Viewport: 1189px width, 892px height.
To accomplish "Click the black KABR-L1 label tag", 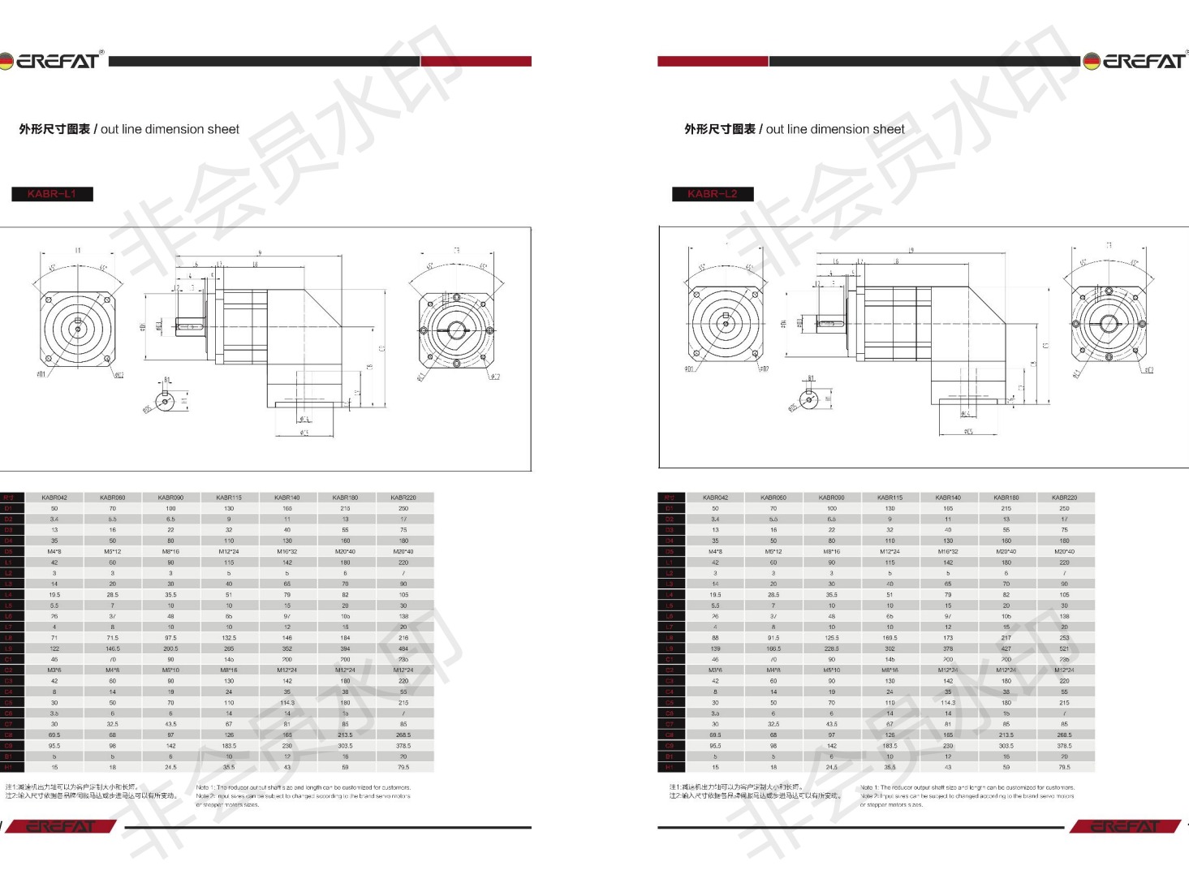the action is point(52,194).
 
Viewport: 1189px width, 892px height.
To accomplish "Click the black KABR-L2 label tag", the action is point(713,194).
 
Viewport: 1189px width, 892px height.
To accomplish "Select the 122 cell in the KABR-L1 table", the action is point(54,649).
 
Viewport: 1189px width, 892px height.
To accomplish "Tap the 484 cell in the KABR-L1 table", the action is point(403,649).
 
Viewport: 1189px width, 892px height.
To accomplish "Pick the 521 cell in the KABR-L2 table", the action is point(1064,649).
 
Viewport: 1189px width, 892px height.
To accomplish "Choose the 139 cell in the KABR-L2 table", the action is point(715,649).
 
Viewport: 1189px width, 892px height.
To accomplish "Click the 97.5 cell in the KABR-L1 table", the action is point(170,638).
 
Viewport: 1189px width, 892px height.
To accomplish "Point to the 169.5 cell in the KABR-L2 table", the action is point(890,638).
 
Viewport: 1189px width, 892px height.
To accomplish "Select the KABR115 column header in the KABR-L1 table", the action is point(229,498).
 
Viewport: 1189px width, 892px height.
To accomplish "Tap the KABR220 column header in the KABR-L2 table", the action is point(1064,498).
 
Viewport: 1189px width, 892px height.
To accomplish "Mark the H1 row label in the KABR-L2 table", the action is point(670,767).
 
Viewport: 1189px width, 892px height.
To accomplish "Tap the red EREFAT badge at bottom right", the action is point(1125,826).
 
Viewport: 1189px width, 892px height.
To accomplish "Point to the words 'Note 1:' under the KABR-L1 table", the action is point(205,787).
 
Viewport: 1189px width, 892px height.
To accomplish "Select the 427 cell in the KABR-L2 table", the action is point(1006,649).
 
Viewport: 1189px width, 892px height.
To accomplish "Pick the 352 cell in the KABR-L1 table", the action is point(287,649).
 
